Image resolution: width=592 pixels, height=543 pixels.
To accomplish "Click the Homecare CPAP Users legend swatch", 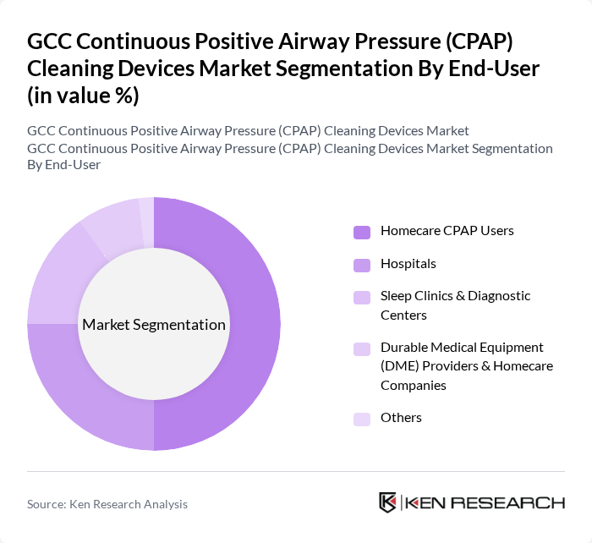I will (x=362, y=232).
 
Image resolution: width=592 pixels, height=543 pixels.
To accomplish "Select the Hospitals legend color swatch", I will (x=362, y=265).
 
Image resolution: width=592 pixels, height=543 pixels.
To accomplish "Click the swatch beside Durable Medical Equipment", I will (x=362, y=348).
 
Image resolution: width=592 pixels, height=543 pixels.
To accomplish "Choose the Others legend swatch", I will (x=362, y=419).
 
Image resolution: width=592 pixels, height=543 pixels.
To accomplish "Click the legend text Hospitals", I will (x=408, y=264).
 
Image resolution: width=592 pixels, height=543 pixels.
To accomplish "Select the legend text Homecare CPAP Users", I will (x=447, y=230).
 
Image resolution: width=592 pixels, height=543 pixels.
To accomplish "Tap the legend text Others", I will (x=401, y=418).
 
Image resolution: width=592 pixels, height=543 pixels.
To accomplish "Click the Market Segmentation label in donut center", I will (x=153, y=325).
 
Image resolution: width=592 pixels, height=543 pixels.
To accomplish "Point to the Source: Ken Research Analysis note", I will (x=107, y=504).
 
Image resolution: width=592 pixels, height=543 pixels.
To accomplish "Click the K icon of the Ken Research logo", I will (x=388, y=502).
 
